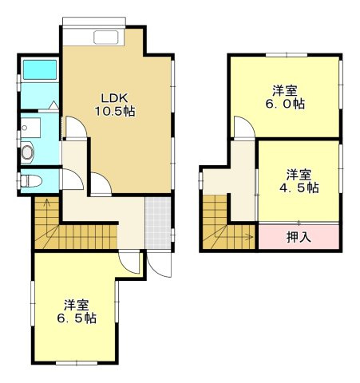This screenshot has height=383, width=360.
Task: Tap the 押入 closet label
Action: tap(298, 237)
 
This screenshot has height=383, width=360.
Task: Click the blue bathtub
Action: tap(38, 72)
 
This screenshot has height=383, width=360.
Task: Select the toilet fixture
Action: tap(30, 180)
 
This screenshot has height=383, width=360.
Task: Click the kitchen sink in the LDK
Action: tap(106, 37)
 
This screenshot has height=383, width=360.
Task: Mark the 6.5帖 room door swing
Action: tap(129, 262)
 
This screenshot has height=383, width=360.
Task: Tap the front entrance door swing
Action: tap(159, 265)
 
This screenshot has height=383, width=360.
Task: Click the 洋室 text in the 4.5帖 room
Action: tap(299, 174)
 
